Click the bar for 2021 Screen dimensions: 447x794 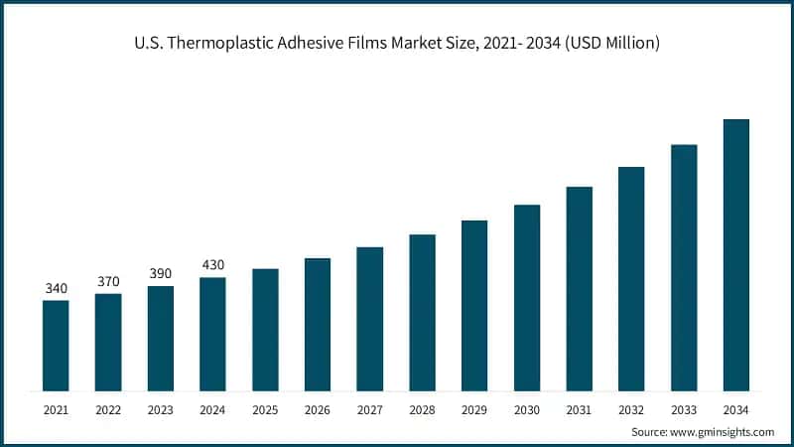(x=56, y=345)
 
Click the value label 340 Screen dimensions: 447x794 (x=56, y=289)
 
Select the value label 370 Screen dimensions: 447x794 (x=108, y=282)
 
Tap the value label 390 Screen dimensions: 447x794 (x=160, y=274)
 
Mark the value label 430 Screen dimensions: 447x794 (x=212, y=265)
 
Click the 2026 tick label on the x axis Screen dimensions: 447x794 (x=318, y=409)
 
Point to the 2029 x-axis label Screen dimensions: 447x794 (x=474, y=409)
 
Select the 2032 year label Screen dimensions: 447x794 (x=631, y=409)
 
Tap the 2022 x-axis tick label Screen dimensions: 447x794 (x=108, y=409)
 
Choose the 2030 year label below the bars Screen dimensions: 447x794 (x=527, y=409)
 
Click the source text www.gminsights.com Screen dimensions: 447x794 (x=724, y=432)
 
